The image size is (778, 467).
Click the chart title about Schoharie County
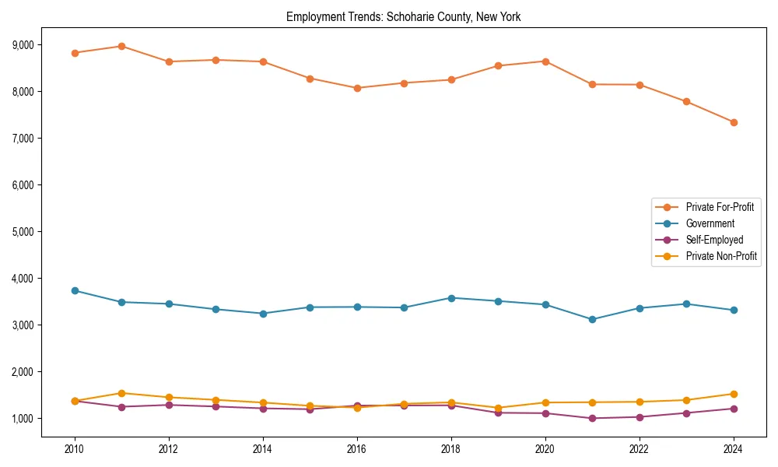pos(403,16)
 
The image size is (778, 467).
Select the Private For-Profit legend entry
pos(713,207)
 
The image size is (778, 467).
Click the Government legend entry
pos(710,223)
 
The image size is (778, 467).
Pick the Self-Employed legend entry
pos(714,240)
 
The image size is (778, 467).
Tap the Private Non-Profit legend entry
pos(721,256)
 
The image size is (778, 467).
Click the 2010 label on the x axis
pos(75,449)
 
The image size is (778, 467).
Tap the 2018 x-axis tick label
pos(451,449)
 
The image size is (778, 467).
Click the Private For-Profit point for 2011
pos(121,46)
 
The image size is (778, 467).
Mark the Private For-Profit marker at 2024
pos(734,122)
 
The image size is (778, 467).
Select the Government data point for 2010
pos(75,290)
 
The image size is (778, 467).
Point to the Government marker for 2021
pos(592,319)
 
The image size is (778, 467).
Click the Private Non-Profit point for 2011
pos(121,393)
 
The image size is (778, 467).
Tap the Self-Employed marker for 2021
pos(592,418)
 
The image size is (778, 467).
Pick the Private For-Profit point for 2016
pos(357,88)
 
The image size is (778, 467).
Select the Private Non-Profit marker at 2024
pos(734,394)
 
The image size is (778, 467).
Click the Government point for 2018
pos(451,297)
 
